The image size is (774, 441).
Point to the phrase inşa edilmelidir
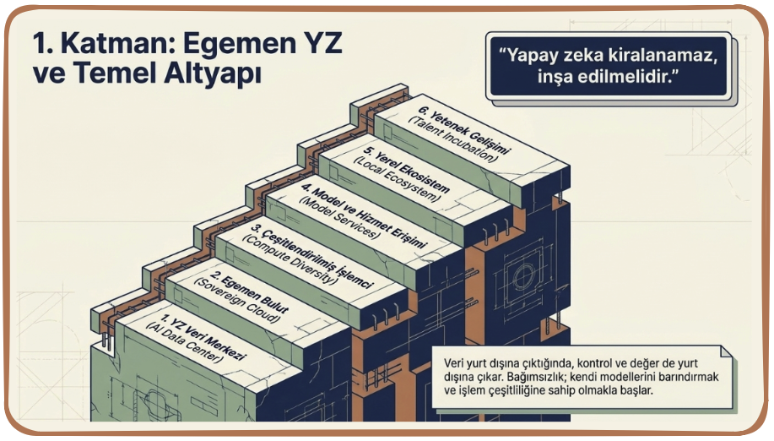point(608,77)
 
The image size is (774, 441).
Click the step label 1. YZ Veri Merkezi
point(203,337)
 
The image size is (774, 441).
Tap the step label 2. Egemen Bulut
point(250,294)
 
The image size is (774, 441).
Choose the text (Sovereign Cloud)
point(237,301)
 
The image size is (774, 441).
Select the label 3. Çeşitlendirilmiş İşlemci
point(312,256)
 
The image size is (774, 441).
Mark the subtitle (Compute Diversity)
point(290,259)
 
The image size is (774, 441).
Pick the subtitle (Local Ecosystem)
point(397,180)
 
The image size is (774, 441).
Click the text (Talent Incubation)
point(452,140)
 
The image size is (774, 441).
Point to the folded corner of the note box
point(726,351)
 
